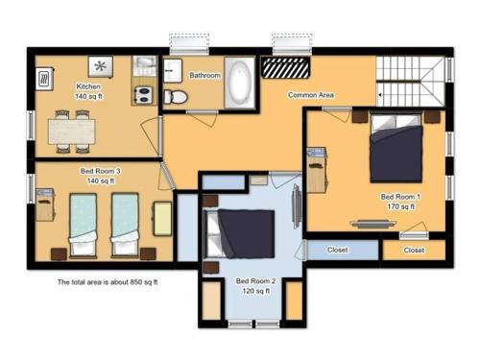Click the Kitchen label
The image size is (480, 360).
pos(88,87)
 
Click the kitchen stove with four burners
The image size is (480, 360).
pos(144,94)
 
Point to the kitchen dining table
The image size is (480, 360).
pos(72,128)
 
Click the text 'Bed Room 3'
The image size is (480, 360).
pos(100,170)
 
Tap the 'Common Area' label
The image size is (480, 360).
pos(311,95)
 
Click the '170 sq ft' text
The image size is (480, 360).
pos(400,206)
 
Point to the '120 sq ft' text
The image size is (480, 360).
pos(256,291)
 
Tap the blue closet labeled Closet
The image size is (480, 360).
pos(338,250)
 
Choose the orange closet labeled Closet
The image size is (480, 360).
pos(414,250)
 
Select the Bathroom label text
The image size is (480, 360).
pos(204,75)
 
